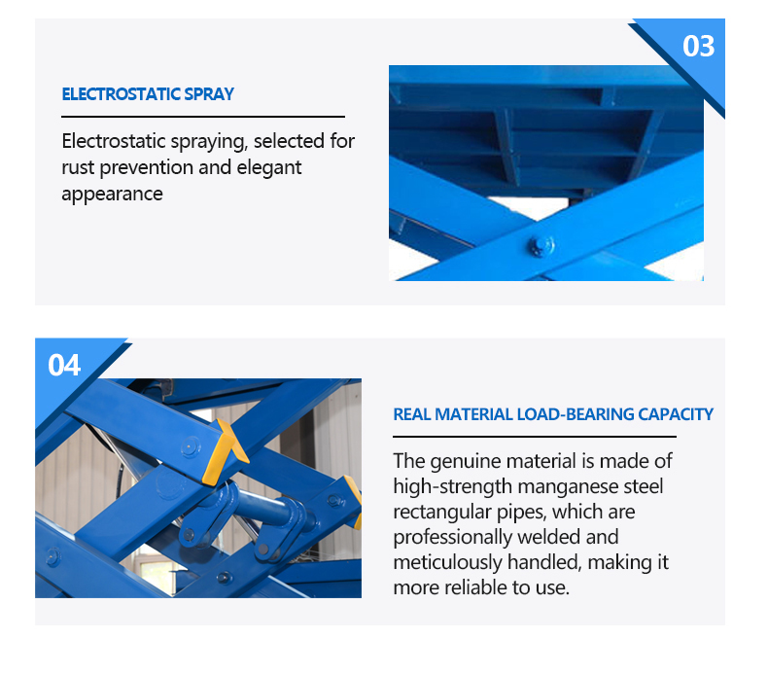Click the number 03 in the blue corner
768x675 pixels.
(x=698, y=47)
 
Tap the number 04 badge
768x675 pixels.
(x=64, y=365)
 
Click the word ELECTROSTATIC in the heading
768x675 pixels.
(x=122, y=94)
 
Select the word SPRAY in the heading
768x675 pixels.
(x=210, y=94)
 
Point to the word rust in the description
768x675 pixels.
(x=78, y=167)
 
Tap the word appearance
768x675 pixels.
(x=112, y=194)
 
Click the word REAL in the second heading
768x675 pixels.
(x=412, y=414)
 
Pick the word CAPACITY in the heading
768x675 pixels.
(x=676, y=414)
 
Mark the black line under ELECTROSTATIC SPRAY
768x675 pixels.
(x=203, y=116)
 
